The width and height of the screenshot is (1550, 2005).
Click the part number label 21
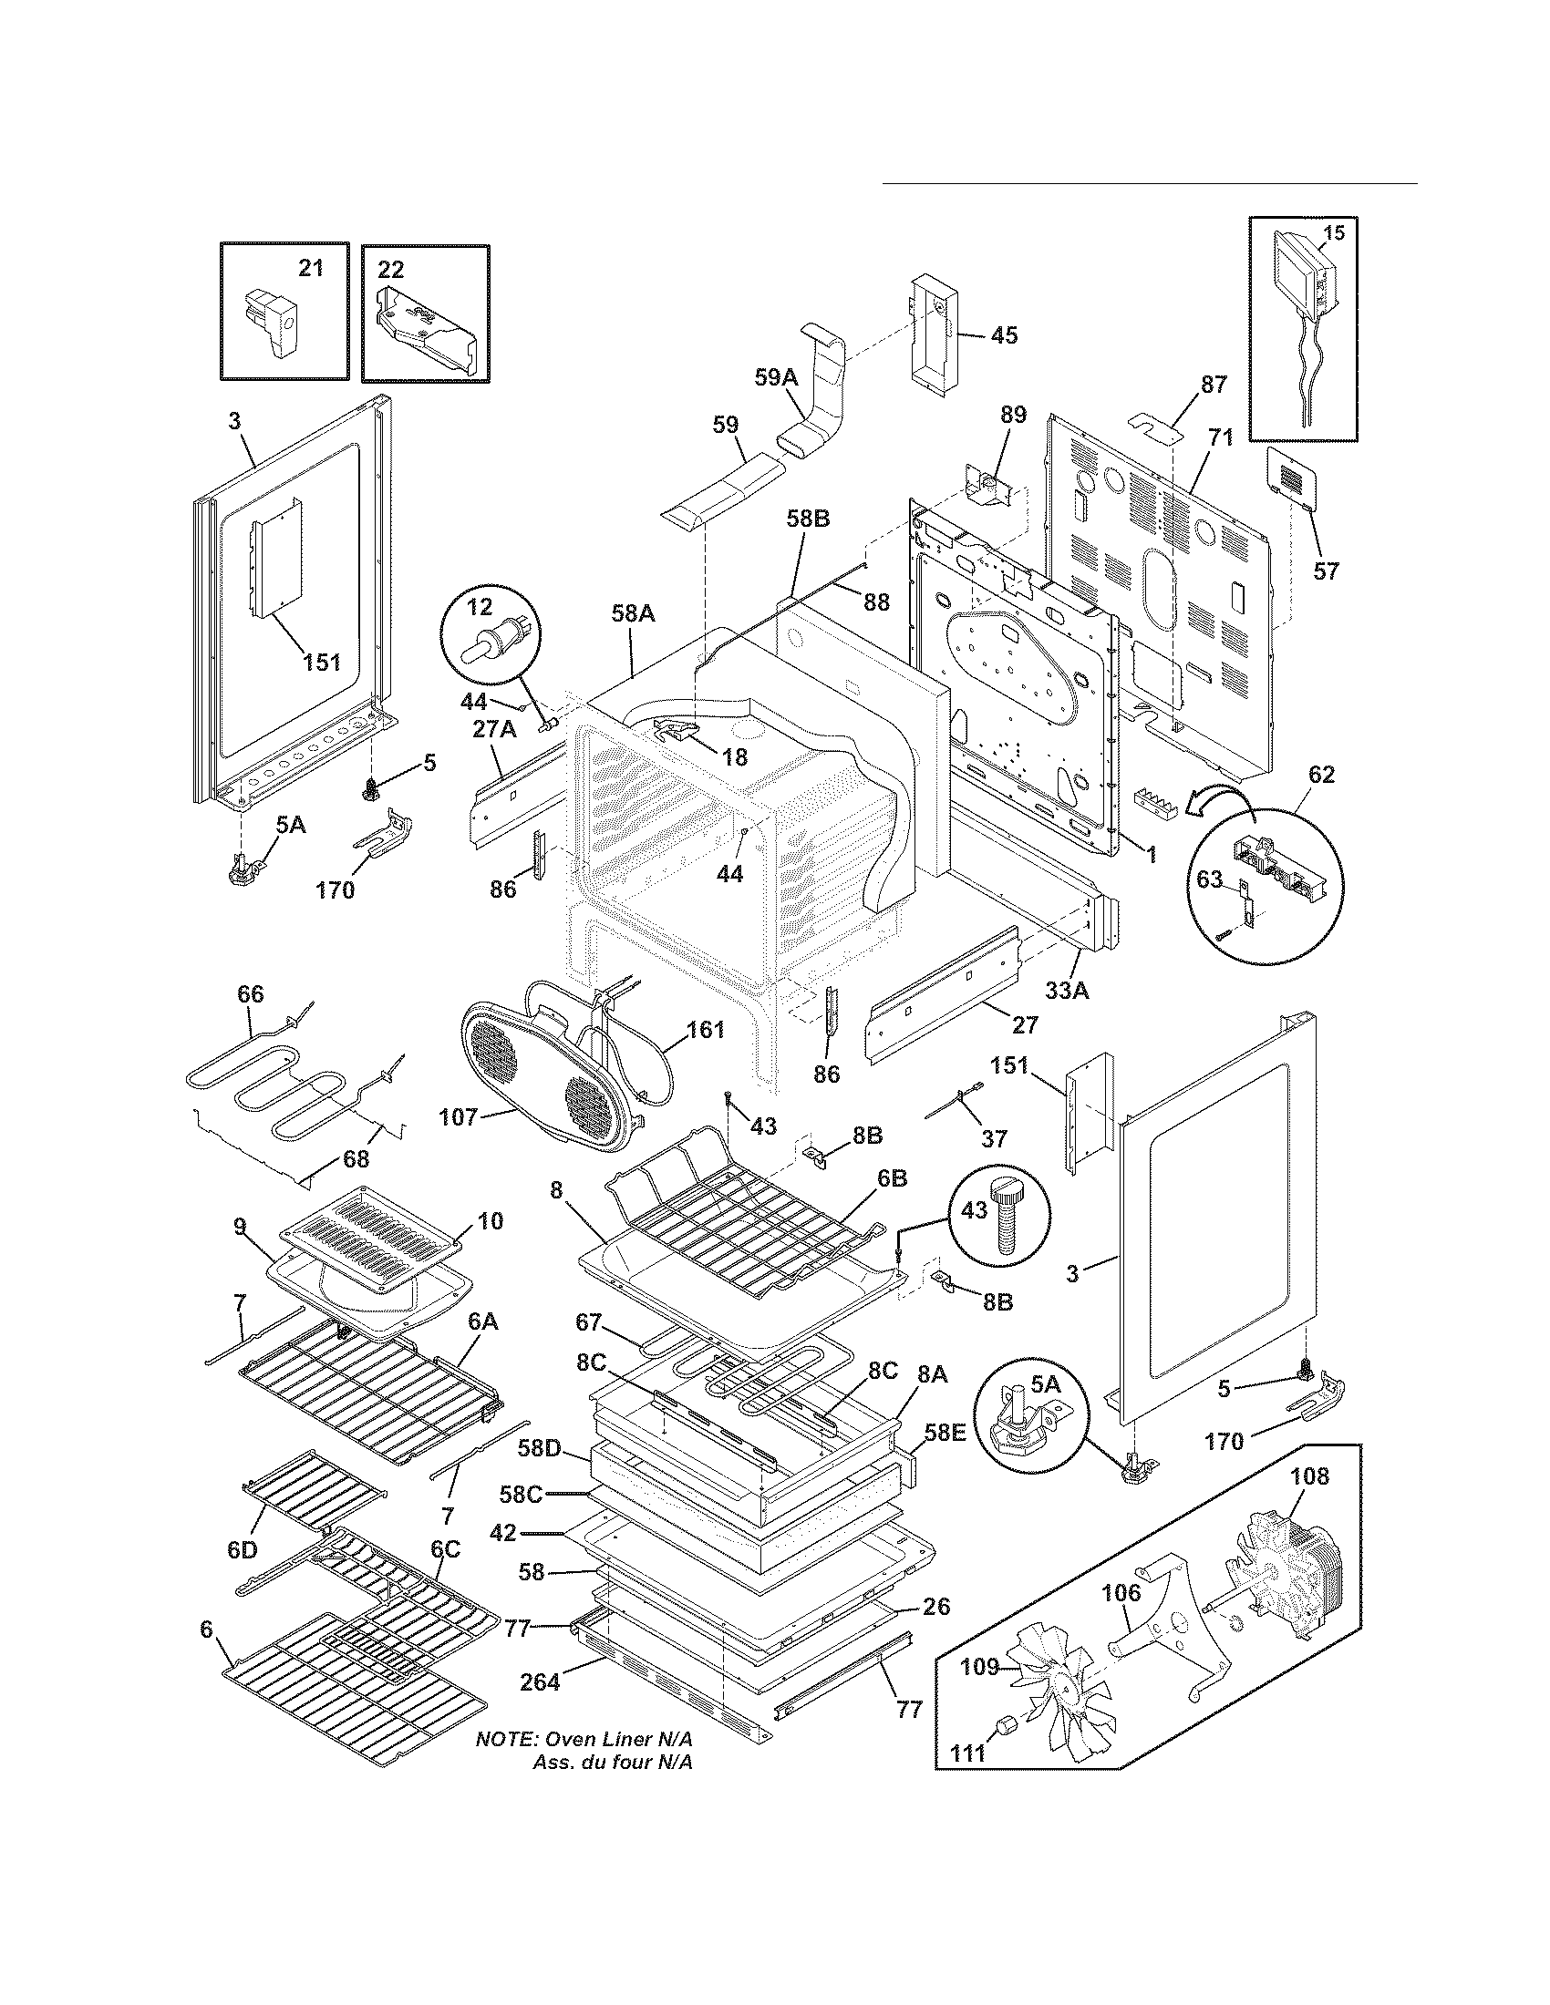click(x=311, y=268)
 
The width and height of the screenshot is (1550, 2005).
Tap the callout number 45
click(x=1004, y=335)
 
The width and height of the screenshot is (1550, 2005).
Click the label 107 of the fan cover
click(x=459, y=1117)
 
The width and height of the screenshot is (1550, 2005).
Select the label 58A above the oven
click(x=633, y=613)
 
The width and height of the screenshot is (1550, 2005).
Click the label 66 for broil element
click(x=250, y=994)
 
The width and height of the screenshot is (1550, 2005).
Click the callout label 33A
click(x=1066, y=991)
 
